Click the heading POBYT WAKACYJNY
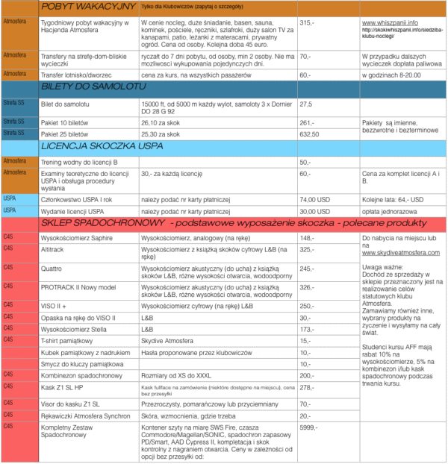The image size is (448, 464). (x=88, y=7)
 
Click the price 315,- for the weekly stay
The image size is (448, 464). (x=307, y=24)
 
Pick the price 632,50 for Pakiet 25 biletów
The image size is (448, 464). (x=310, y=134)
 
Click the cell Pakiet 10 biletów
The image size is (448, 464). (x=66, y=122)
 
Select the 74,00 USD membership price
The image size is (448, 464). (x=314, y=200)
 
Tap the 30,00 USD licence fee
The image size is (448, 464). (x=314, y=211)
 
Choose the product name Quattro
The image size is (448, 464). (x=52, y=269)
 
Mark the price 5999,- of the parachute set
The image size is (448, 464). (x=310, y=427)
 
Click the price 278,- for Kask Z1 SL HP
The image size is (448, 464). (x=307, y=389)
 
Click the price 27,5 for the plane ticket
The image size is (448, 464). (x=305, y=104)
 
